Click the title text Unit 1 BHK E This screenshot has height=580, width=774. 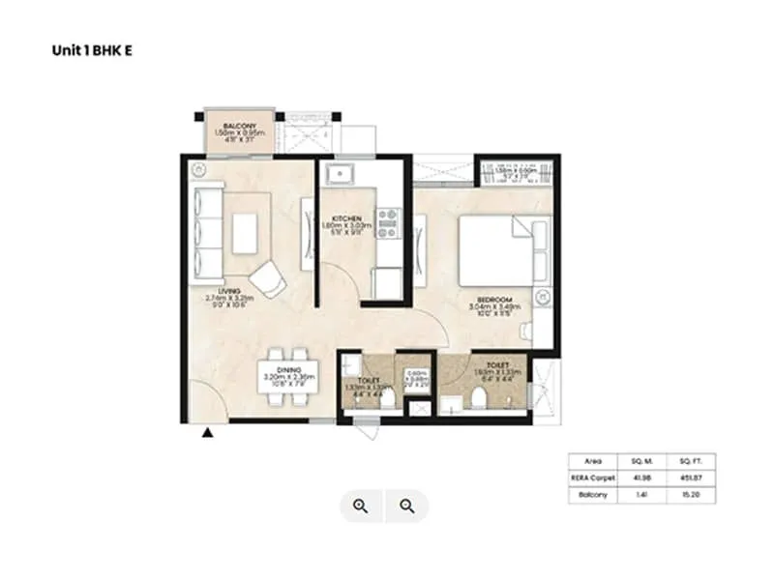tap(92, 50)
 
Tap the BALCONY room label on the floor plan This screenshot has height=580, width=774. tap(238, 127)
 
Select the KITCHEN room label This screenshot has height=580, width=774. tap(345, 218)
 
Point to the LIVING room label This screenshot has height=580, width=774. tap(228, 289)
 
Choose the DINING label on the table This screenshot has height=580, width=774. tap(288, 370)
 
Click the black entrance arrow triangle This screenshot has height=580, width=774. tap(206, 435)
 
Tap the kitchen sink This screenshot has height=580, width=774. tap(341, 174)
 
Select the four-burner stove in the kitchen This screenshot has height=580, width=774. tap(388, 223)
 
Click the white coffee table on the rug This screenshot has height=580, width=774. tap(244, 232)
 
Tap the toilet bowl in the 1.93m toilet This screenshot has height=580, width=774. tap(478, 400)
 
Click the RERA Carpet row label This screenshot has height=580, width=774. tap(590, 478)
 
